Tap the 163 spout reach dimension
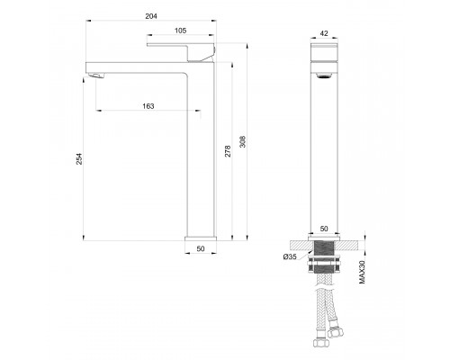148,106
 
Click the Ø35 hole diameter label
290,258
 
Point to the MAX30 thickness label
362,271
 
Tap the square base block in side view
201,239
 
